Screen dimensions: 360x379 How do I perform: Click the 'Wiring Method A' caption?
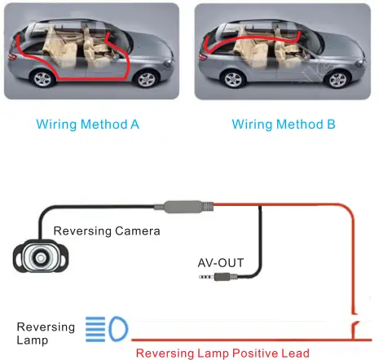88,125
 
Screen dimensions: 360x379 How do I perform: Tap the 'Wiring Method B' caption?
284,125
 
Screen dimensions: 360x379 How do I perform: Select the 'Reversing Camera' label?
107,230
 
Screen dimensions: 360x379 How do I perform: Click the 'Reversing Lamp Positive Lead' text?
223,353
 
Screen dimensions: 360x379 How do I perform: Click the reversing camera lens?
40,258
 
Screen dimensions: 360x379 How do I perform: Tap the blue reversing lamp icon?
106,330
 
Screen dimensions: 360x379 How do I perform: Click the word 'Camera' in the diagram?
138,230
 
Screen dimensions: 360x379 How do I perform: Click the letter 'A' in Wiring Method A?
135,125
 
